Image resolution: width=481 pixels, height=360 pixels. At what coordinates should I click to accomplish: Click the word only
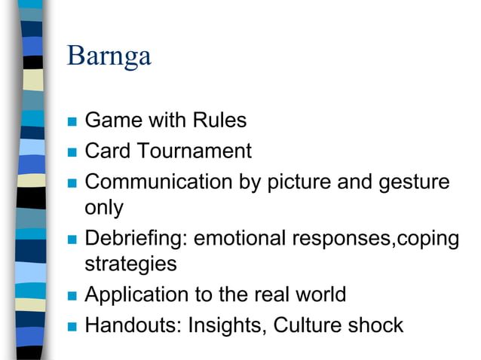[x=103, y=206]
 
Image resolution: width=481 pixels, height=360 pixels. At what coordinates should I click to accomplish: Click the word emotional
[x=240, y=238]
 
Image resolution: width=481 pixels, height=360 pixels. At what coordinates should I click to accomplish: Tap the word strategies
[x=130, y=264]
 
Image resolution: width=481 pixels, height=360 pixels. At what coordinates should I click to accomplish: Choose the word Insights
[x=227, y=325]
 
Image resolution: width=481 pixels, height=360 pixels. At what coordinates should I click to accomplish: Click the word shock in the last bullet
[x=375, y=325]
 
